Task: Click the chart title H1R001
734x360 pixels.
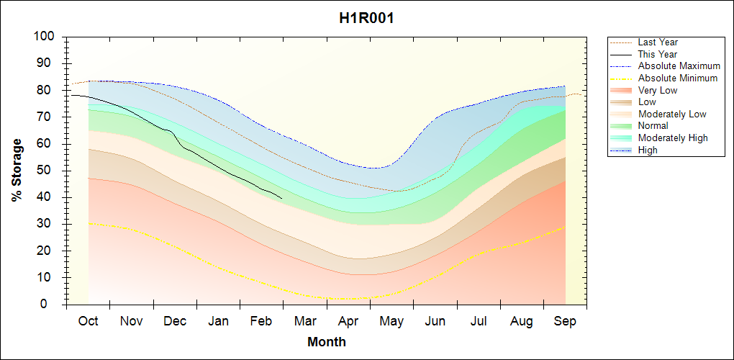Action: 366,18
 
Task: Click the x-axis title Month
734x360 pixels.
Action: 327,342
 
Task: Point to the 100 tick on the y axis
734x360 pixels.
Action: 46,37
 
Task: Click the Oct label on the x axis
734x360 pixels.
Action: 89,321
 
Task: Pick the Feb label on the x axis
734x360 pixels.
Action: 261,321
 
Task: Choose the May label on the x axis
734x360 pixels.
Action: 391,321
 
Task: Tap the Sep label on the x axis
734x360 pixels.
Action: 565,321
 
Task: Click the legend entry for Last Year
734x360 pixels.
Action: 658,42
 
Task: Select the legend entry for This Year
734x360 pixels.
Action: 657,55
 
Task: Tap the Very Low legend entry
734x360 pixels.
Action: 658,91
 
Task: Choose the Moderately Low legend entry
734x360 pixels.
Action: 672,114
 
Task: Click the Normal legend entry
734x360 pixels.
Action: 653,126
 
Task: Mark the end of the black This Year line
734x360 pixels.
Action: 281,198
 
